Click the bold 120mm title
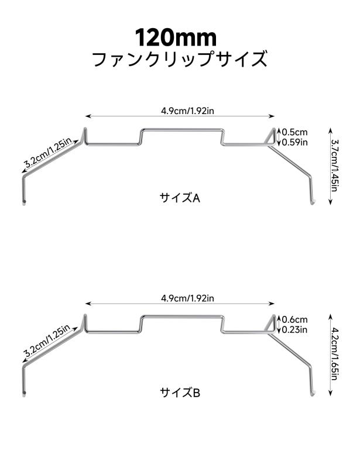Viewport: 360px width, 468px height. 176,37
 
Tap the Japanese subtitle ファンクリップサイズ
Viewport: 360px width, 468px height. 179,59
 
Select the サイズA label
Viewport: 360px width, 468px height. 180,198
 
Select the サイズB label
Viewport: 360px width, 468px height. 180,392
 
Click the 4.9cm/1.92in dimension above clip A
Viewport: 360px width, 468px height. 188,111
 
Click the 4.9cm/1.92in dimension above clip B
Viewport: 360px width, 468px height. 188,298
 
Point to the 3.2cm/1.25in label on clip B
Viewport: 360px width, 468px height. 47,340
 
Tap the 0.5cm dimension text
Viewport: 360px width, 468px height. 294,132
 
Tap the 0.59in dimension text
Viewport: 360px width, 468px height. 294,142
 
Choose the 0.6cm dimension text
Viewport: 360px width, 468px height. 294,319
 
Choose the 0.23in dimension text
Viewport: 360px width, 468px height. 294,329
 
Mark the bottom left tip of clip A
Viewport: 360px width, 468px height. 23,203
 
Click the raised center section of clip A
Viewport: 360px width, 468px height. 181,129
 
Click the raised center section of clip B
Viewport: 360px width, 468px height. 181,316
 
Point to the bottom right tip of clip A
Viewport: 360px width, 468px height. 312,202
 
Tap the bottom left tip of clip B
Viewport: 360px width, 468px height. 23,393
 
